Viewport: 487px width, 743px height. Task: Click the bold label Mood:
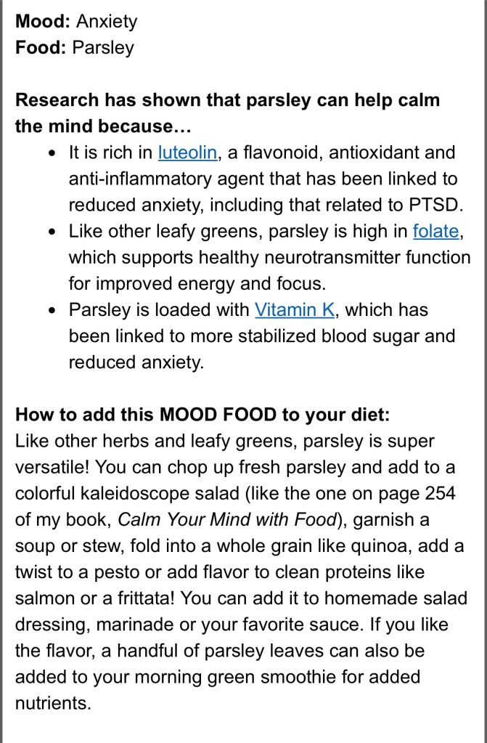tap(43, 21)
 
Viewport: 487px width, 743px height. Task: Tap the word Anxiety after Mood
tap(106, 21)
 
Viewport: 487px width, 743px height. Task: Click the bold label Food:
tap(41, 47)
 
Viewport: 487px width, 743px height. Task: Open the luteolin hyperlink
tap(187, 153)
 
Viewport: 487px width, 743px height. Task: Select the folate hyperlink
tap(435, 231)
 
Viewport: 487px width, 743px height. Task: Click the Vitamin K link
tap(295, 309)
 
